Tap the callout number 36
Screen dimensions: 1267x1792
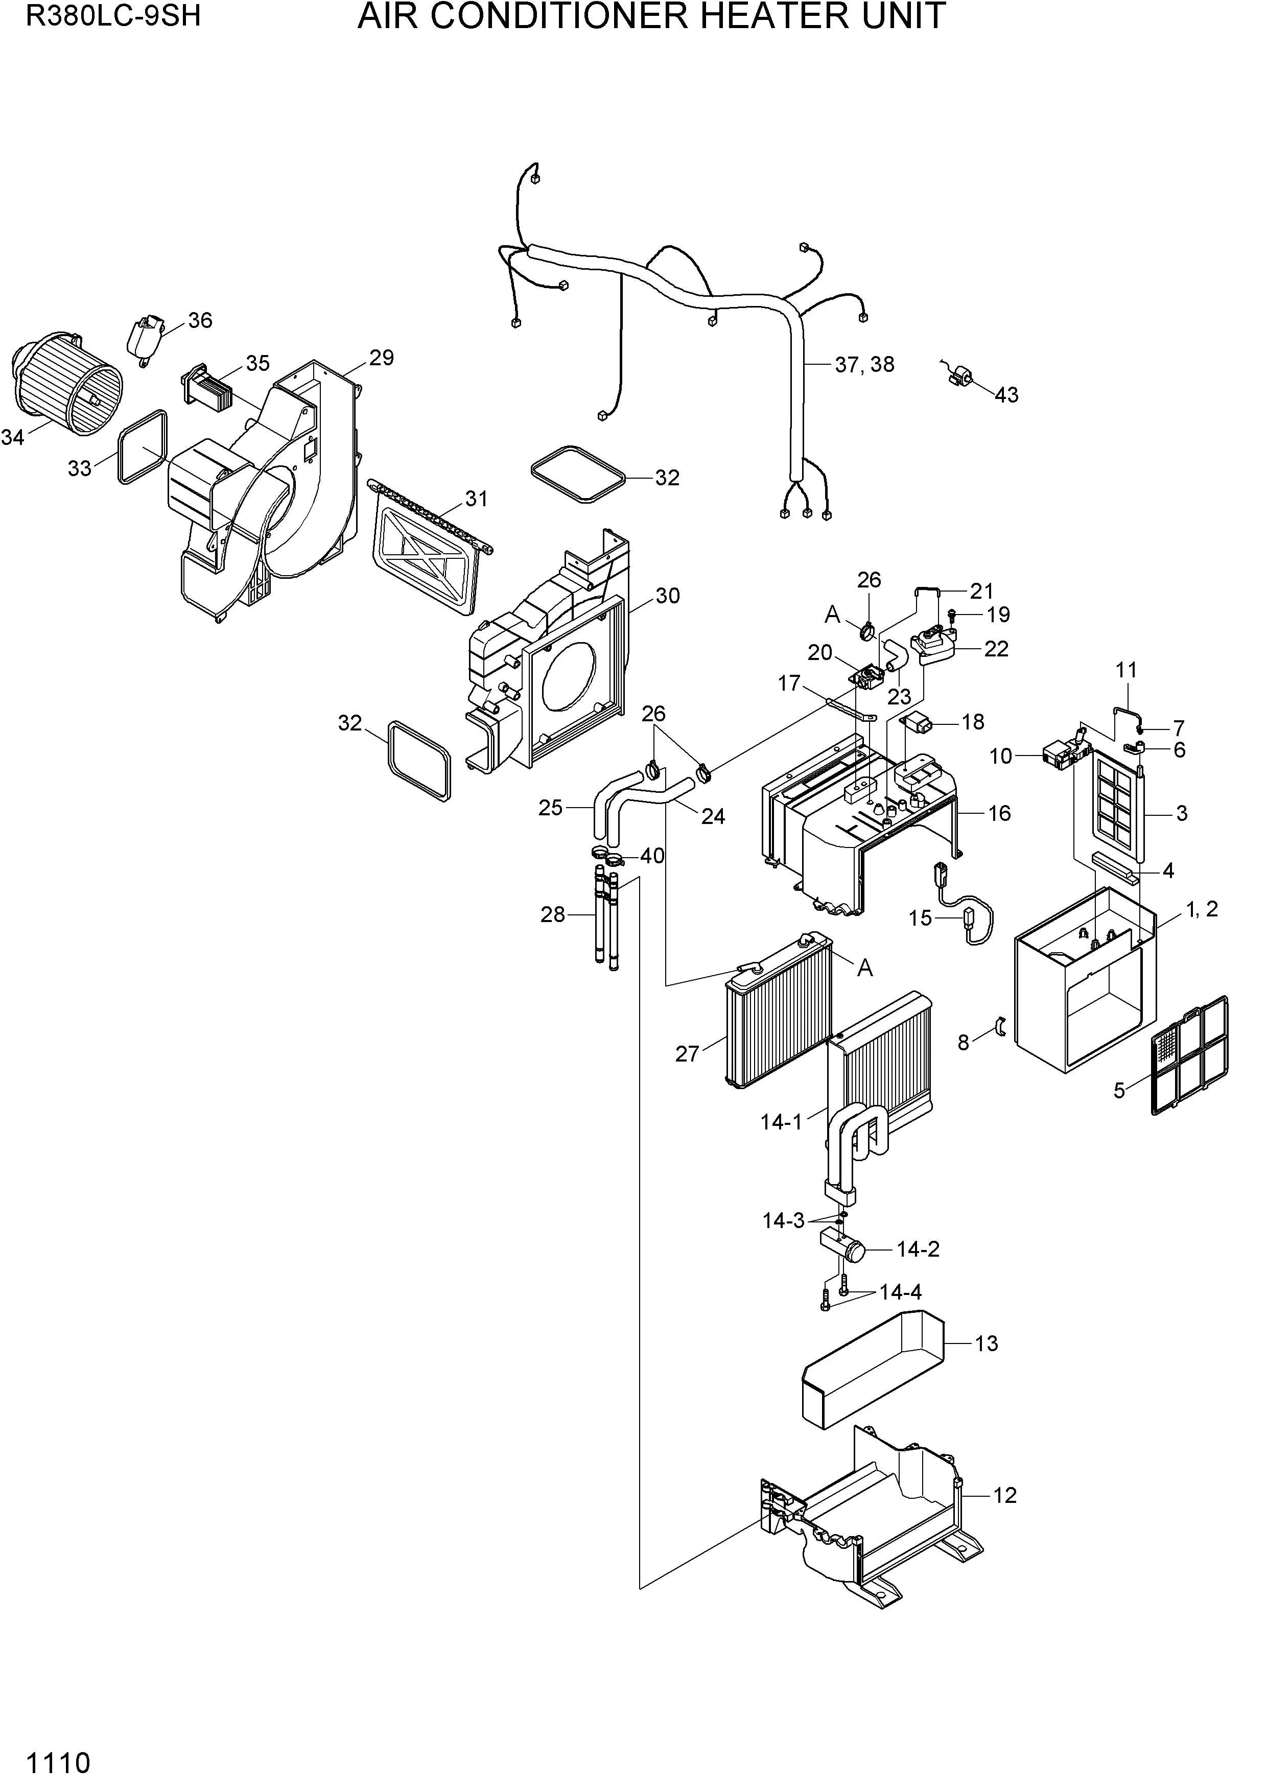(x=200, y=321)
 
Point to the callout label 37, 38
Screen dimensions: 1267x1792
(x=864, y=365)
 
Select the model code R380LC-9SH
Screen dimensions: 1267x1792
(x=114, y=16)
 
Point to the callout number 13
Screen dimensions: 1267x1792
(x=987, y=1344)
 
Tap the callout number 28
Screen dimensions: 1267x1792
(x=553, y=915)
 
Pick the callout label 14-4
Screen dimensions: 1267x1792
(x=900, y=1293)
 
